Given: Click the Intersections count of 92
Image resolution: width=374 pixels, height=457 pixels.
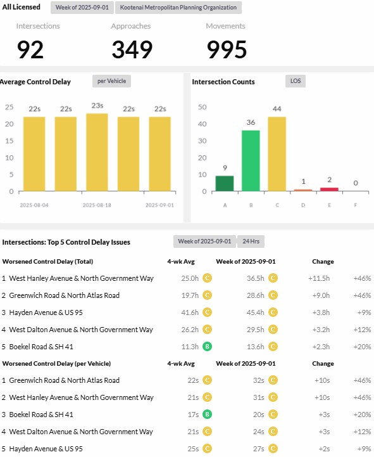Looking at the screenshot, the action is [30, 49].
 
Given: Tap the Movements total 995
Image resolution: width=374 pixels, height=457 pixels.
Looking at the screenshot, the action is [227, 49].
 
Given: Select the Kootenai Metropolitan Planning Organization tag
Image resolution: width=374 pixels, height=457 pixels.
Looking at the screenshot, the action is [178, 8].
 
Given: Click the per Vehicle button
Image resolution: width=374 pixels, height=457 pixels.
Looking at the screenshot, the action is [112, 81].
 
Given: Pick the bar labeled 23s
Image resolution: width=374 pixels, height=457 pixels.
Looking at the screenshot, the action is [97, 152].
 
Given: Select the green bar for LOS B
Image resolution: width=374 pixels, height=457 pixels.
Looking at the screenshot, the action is [251, 160].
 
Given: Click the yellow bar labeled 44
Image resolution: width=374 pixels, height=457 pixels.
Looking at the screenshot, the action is [277, 154].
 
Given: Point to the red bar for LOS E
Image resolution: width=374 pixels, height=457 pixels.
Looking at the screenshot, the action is [329, 190].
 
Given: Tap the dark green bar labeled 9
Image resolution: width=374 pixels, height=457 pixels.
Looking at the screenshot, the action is [225, 184].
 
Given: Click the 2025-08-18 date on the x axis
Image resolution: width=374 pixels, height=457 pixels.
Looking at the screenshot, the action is [97, 205].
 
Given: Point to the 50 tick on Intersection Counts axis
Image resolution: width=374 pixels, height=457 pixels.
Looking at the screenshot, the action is [203, 107].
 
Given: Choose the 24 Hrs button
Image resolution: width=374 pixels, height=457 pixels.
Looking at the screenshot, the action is [251, 241].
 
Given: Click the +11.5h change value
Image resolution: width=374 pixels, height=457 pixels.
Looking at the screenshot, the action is [319, 278].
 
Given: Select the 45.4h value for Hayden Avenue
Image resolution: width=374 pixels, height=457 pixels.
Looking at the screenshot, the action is [256, 312].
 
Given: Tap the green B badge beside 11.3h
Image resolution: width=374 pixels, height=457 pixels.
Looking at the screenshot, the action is [207, 347].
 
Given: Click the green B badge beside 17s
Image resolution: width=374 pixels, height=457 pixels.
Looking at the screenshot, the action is [207, 415].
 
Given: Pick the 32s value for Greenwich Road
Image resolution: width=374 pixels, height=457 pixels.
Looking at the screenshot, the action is [258, 380].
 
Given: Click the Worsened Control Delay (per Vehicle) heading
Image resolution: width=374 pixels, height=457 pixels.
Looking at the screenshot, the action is [56, 364].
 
